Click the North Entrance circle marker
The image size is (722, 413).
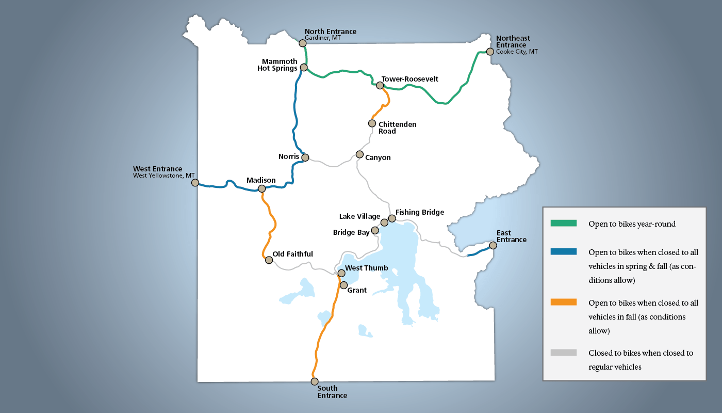pyautogui.click(x=303, y=43)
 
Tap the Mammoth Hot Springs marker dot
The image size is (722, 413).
pyautogui.click(x=304, y=68)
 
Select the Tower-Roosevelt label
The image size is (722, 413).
pyautogui.click(x=409, y=79)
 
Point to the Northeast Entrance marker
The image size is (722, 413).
pyautogui.click(x=490, y=52)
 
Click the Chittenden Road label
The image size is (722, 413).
pyautogui.click(x=397, y=128)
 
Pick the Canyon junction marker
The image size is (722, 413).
pyautogui.click(x=359, y=154)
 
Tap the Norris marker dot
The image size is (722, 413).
pyautogui.click(x=305, y=157)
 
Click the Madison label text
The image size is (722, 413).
pyautogui.click(x=261, y=180)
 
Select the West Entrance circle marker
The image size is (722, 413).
pyautogui.click(x=195, y=183)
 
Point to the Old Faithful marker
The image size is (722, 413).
pyautogui.click(x=269, y=260)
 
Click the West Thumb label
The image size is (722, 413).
pyautogui.click(x=366, y=268)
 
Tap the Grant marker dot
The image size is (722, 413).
pyautogui.click(x=343, y=285)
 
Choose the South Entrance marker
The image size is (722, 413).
pyautogui.click(x=315, y=382)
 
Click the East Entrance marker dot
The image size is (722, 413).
pyautogui.click(x=493, y=246)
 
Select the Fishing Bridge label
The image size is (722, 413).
pyautogui.click(x=419, y=212)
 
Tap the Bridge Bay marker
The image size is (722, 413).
pyautogui.click(x=375, y=230)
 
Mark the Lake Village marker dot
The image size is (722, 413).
pyautogui.click(x=384, y=223)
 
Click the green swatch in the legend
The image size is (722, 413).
pyautogui.click(x=563, y=224)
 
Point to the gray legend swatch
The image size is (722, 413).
pyautogui.click(x=563, y=353)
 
